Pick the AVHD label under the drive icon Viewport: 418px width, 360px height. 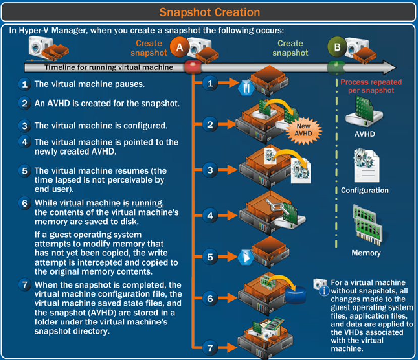(x=364, y=135)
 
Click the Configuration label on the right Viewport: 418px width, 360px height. (x=364, y=190)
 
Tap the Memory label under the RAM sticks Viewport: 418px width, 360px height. (x=366, y=252)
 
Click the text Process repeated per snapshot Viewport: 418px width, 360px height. (x=371, y=86)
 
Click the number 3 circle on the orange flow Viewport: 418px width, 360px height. (x=211, y=170)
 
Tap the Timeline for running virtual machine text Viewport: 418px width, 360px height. (x=109, y=67)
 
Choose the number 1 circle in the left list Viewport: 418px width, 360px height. (x=24, y=84)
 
